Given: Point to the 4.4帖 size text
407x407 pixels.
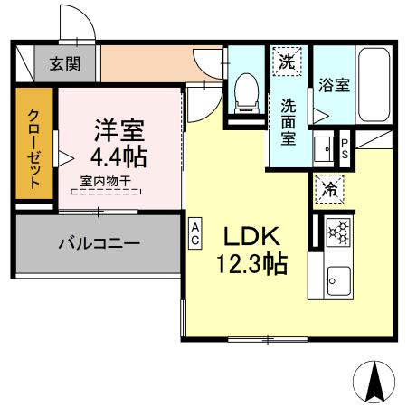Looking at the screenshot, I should [115, 157].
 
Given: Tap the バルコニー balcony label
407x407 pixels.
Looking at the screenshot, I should [99, 242].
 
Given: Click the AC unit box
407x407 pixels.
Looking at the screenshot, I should [194, 232].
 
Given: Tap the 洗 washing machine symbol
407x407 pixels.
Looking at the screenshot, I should [287, 62].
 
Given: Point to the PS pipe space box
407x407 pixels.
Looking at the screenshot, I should [345, 147].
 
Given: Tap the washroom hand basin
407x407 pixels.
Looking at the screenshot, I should [323, 147].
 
